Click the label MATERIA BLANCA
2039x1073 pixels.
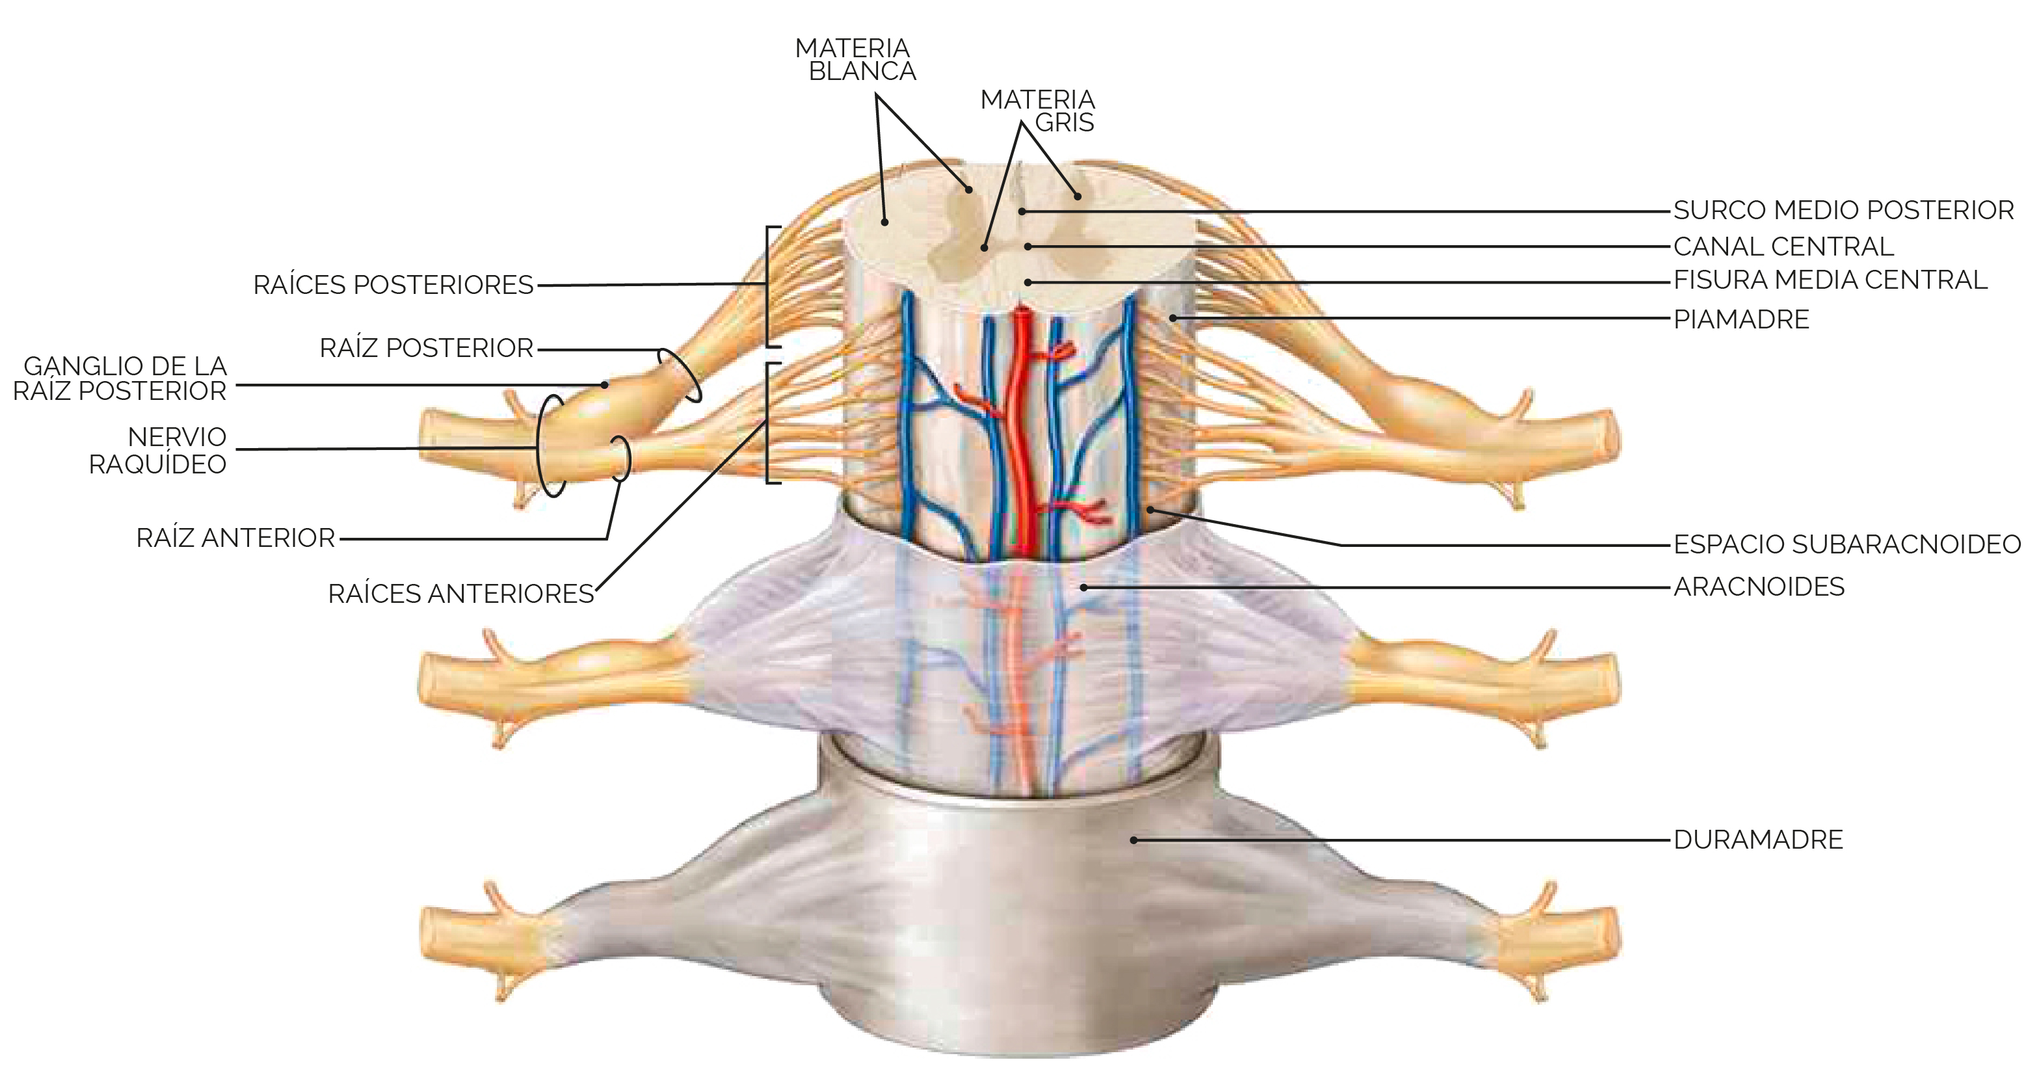pyautogui.click(x=855, y=60)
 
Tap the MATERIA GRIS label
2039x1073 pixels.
pyautogui.click(x=1037, y=111)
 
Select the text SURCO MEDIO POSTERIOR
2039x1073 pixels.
pyautogui.click(x=1843, y=211)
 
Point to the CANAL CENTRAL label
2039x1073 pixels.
pyautogui.click(x=1783, y=247)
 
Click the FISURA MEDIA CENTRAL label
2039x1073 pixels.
pyautogui.click(x=1830, y=280)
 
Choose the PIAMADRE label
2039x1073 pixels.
pyautogui.click(x=1741, y=320)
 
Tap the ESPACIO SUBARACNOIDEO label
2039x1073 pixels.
pyautogui.click(x=1847, y=544)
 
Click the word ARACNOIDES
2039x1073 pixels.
pyautogui.click(x=1759, y=587)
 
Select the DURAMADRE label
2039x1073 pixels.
pyautogui.click(x=1758, y=840)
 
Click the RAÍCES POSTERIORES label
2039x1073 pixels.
pyautogui.click(x=393, y=285)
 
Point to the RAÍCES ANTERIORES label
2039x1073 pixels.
pyautogui.click(x=460, y=594)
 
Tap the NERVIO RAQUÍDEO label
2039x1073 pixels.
pyautogui.click(x=157, y=450)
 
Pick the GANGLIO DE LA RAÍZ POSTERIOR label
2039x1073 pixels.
pyautogui.click(x=120, y=378)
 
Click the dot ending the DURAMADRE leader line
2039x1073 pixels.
pyautogui.click(x=1134, y=840)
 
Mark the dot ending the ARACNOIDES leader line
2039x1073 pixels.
pyautogui.click(x=1084, y=587)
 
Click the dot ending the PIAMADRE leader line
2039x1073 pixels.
pyautogui.click(x=1172, y=318)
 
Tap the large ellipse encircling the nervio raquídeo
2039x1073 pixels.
pyautogui.click(x=539, y=446)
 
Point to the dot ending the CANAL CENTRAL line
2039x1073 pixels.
pyautogui.click(x=1028, y=247)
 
